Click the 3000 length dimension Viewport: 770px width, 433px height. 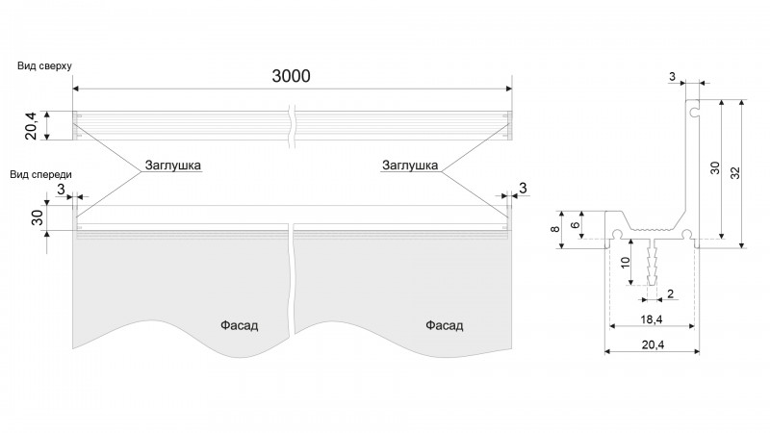(292, 76)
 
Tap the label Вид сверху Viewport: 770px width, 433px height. (44, 65)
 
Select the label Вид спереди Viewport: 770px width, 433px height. (40, 174)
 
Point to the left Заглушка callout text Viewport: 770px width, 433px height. (173, 165)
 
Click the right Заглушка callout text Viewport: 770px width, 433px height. (410, 165)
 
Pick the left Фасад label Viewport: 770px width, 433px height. (239, 325)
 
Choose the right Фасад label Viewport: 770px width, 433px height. (444, 325)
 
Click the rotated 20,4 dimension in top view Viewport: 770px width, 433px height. (31, 126)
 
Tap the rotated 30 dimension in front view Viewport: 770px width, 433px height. (38, 217)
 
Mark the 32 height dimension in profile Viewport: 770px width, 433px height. (735, 173)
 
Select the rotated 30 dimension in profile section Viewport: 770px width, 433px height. (715, 167)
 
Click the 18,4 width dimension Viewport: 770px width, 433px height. (652, 319)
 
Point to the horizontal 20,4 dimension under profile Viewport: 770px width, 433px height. (653, 345)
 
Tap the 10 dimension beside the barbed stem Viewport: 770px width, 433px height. (625, 262)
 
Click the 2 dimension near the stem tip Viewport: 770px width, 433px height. (670, 293)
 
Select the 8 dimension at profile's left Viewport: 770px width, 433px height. (555, 229)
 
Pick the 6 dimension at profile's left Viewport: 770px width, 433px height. (576, 225)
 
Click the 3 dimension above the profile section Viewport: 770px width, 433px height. (672, 76)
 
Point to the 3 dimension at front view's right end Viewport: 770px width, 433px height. (523, 188)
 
